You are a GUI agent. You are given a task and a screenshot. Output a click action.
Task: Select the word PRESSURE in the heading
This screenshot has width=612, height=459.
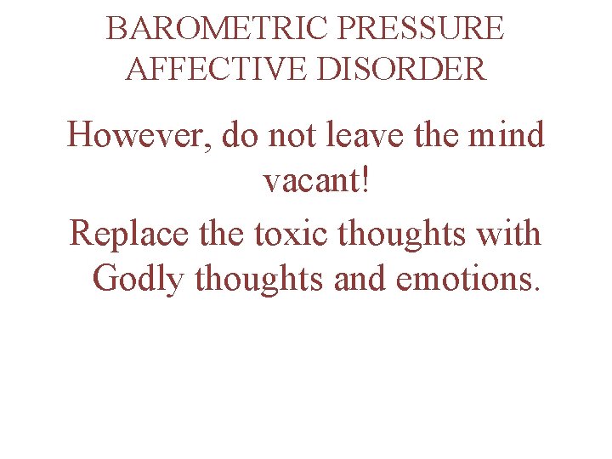click(x=420, y=29)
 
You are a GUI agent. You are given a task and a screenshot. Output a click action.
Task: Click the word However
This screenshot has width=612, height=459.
click(x=140, y=134)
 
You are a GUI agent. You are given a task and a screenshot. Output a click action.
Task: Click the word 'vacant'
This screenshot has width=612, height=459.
click(x=309, y=182)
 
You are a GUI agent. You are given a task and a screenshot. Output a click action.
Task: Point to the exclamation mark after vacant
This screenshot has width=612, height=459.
click(x=366, y=180)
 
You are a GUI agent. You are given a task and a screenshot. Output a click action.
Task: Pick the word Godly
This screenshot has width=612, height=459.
click(x=141, y=279)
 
